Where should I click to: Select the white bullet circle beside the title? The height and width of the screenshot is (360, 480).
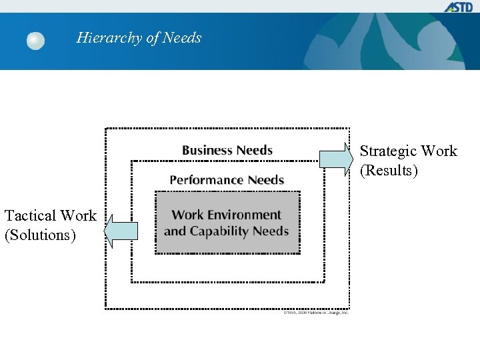coord(35,41)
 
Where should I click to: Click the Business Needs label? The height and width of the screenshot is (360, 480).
coord(227,150)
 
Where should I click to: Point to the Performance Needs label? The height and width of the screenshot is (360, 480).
coord(227,180)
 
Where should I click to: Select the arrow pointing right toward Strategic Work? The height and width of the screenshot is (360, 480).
coord(336,159)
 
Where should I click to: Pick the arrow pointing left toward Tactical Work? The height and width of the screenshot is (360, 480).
coord(121,231)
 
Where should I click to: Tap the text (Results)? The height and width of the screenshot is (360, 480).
coord(389,171)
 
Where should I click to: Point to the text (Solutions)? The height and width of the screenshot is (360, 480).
coord(40,235)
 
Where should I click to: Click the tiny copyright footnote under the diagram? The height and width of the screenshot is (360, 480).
coord(315,313)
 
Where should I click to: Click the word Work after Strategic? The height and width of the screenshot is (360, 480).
coord(440,151)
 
